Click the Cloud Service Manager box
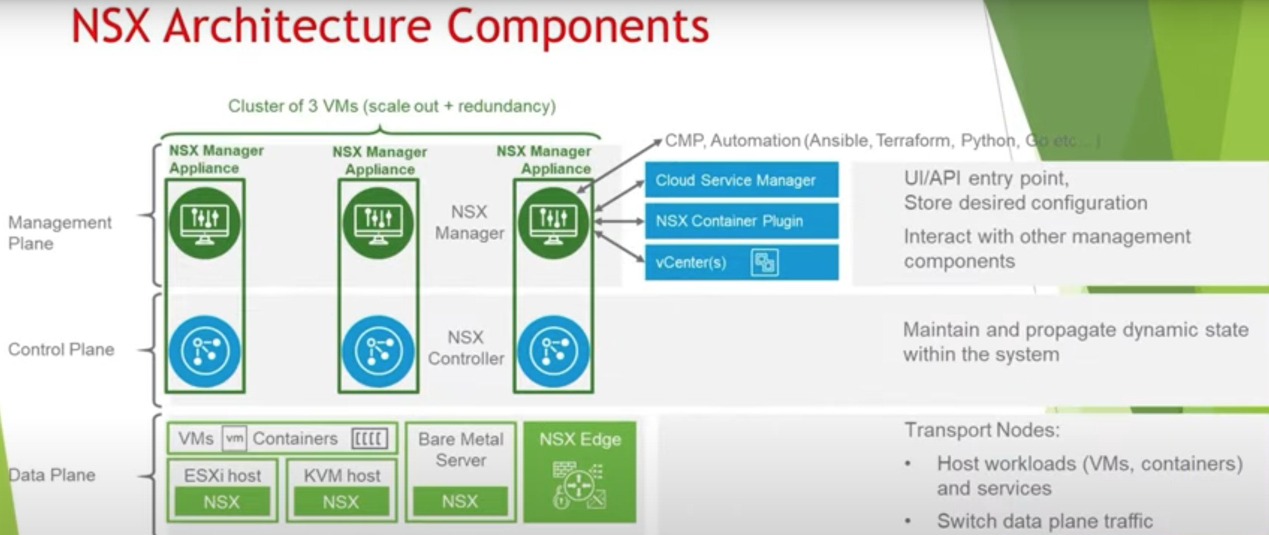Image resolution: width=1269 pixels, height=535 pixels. tap(741, 180)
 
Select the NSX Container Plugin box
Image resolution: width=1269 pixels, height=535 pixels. tap(741, 221)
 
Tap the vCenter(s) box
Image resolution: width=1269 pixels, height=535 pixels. tap(741, 262)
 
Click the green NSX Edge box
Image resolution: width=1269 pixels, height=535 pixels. tap(580, 472)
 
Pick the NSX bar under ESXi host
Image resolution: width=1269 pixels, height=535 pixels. tap(222, 502)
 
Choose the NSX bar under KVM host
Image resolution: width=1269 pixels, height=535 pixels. tap(341, 502)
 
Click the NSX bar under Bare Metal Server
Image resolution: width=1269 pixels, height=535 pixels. tap(460, 501)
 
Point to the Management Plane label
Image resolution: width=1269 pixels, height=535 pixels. tap(60, 233)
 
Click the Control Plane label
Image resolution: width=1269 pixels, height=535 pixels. tap(61, 349)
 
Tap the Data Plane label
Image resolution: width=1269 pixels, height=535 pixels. tap(52, 475)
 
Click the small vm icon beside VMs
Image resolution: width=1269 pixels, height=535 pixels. tap(234, 439)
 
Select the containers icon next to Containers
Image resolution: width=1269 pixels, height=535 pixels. tap(370, 439)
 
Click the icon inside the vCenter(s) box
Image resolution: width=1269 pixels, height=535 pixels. tap(764, 263)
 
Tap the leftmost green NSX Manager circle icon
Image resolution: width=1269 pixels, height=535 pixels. tap(205, 223)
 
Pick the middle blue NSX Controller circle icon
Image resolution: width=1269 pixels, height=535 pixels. tap(378, 351)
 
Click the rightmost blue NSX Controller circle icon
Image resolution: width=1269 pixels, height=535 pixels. tap(553, 351)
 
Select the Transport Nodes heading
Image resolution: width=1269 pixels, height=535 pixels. tap(982, 430)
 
